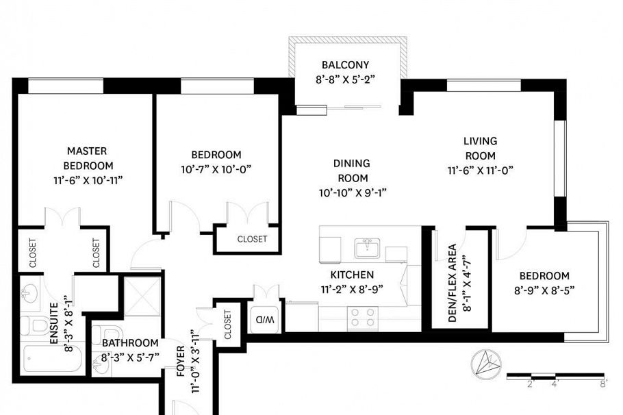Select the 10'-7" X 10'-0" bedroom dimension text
click(216, 168)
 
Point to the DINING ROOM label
click(352, 171)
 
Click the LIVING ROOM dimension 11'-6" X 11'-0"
click(480, 169)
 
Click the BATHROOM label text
click(130, 342)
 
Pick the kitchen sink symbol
click(368, 248)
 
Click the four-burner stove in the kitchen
click(363, 316)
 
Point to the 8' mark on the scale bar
click(602, 384)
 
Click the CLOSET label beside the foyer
click(227, 325)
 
